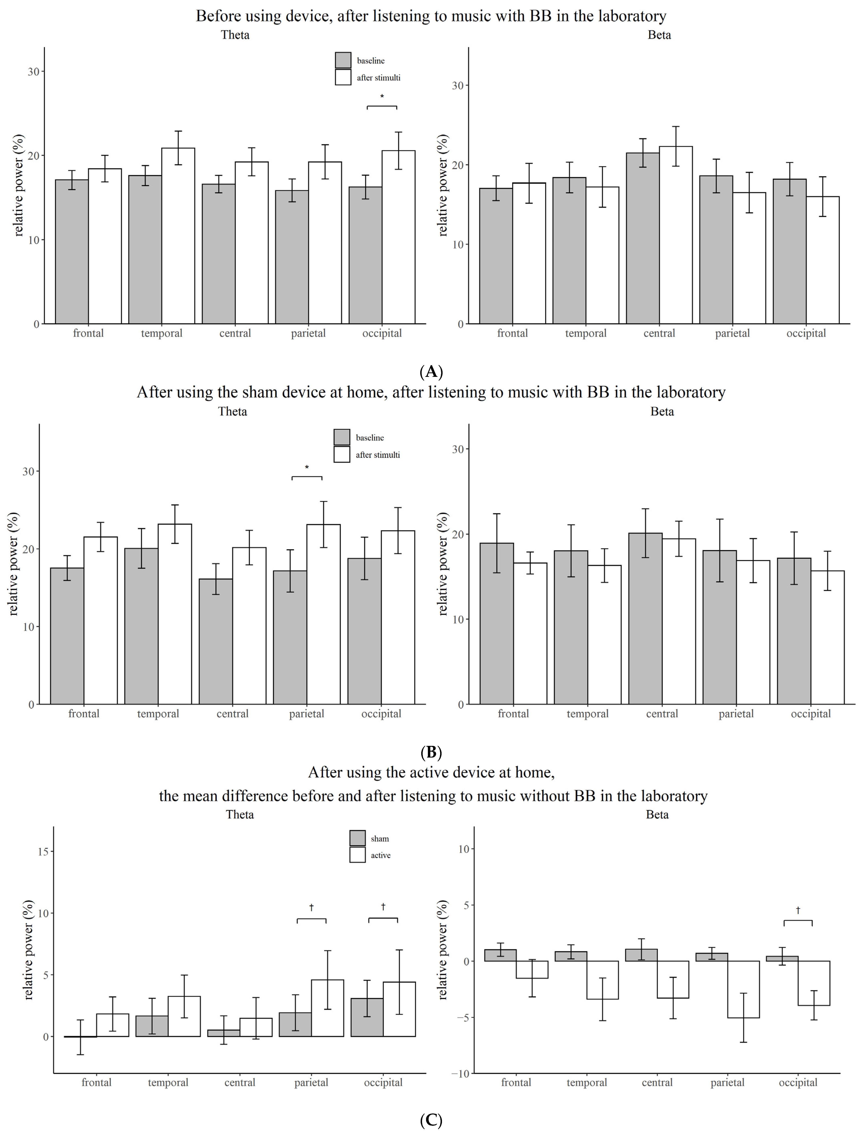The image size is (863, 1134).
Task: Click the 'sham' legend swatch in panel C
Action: pos(357,838)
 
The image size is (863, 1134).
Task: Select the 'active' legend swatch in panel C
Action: pos(357,855)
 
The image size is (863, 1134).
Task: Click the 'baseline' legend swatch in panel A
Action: pos(343,60)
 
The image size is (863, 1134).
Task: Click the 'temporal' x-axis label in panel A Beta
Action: pos(586,333)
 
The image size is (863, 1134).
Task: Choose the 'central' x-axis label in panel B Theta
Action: pos(232,714)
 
